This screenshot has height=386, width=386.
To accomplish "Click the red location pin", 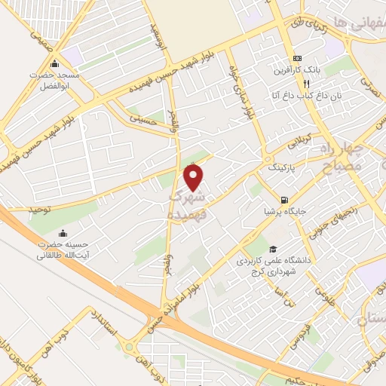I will (x=194, y=178).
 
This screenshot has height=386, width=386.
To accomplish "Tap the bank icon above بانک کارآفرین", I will (x=297, y=57).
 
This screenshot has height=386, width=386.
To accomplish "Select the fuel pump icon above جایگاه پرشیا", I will (x=283, y=200).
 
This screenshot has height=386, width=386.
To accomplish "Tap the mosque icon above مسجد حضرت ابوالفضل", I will (x=43, y=63).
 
